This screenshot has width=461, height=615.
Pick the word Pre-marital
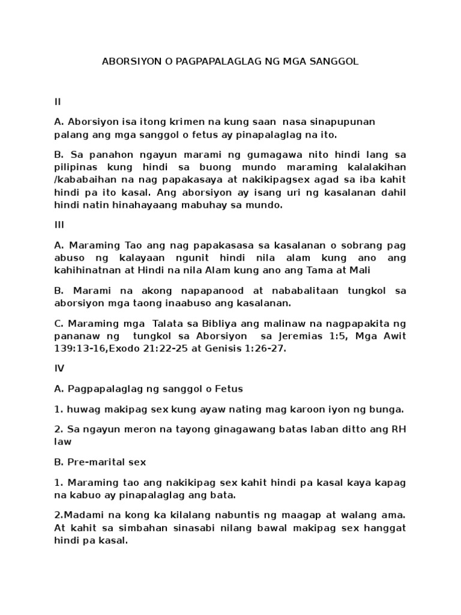[98, 463]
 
